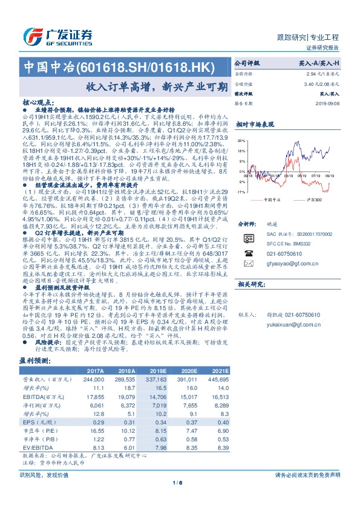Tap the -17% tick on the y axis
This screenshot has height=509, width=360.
point(240,192)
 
